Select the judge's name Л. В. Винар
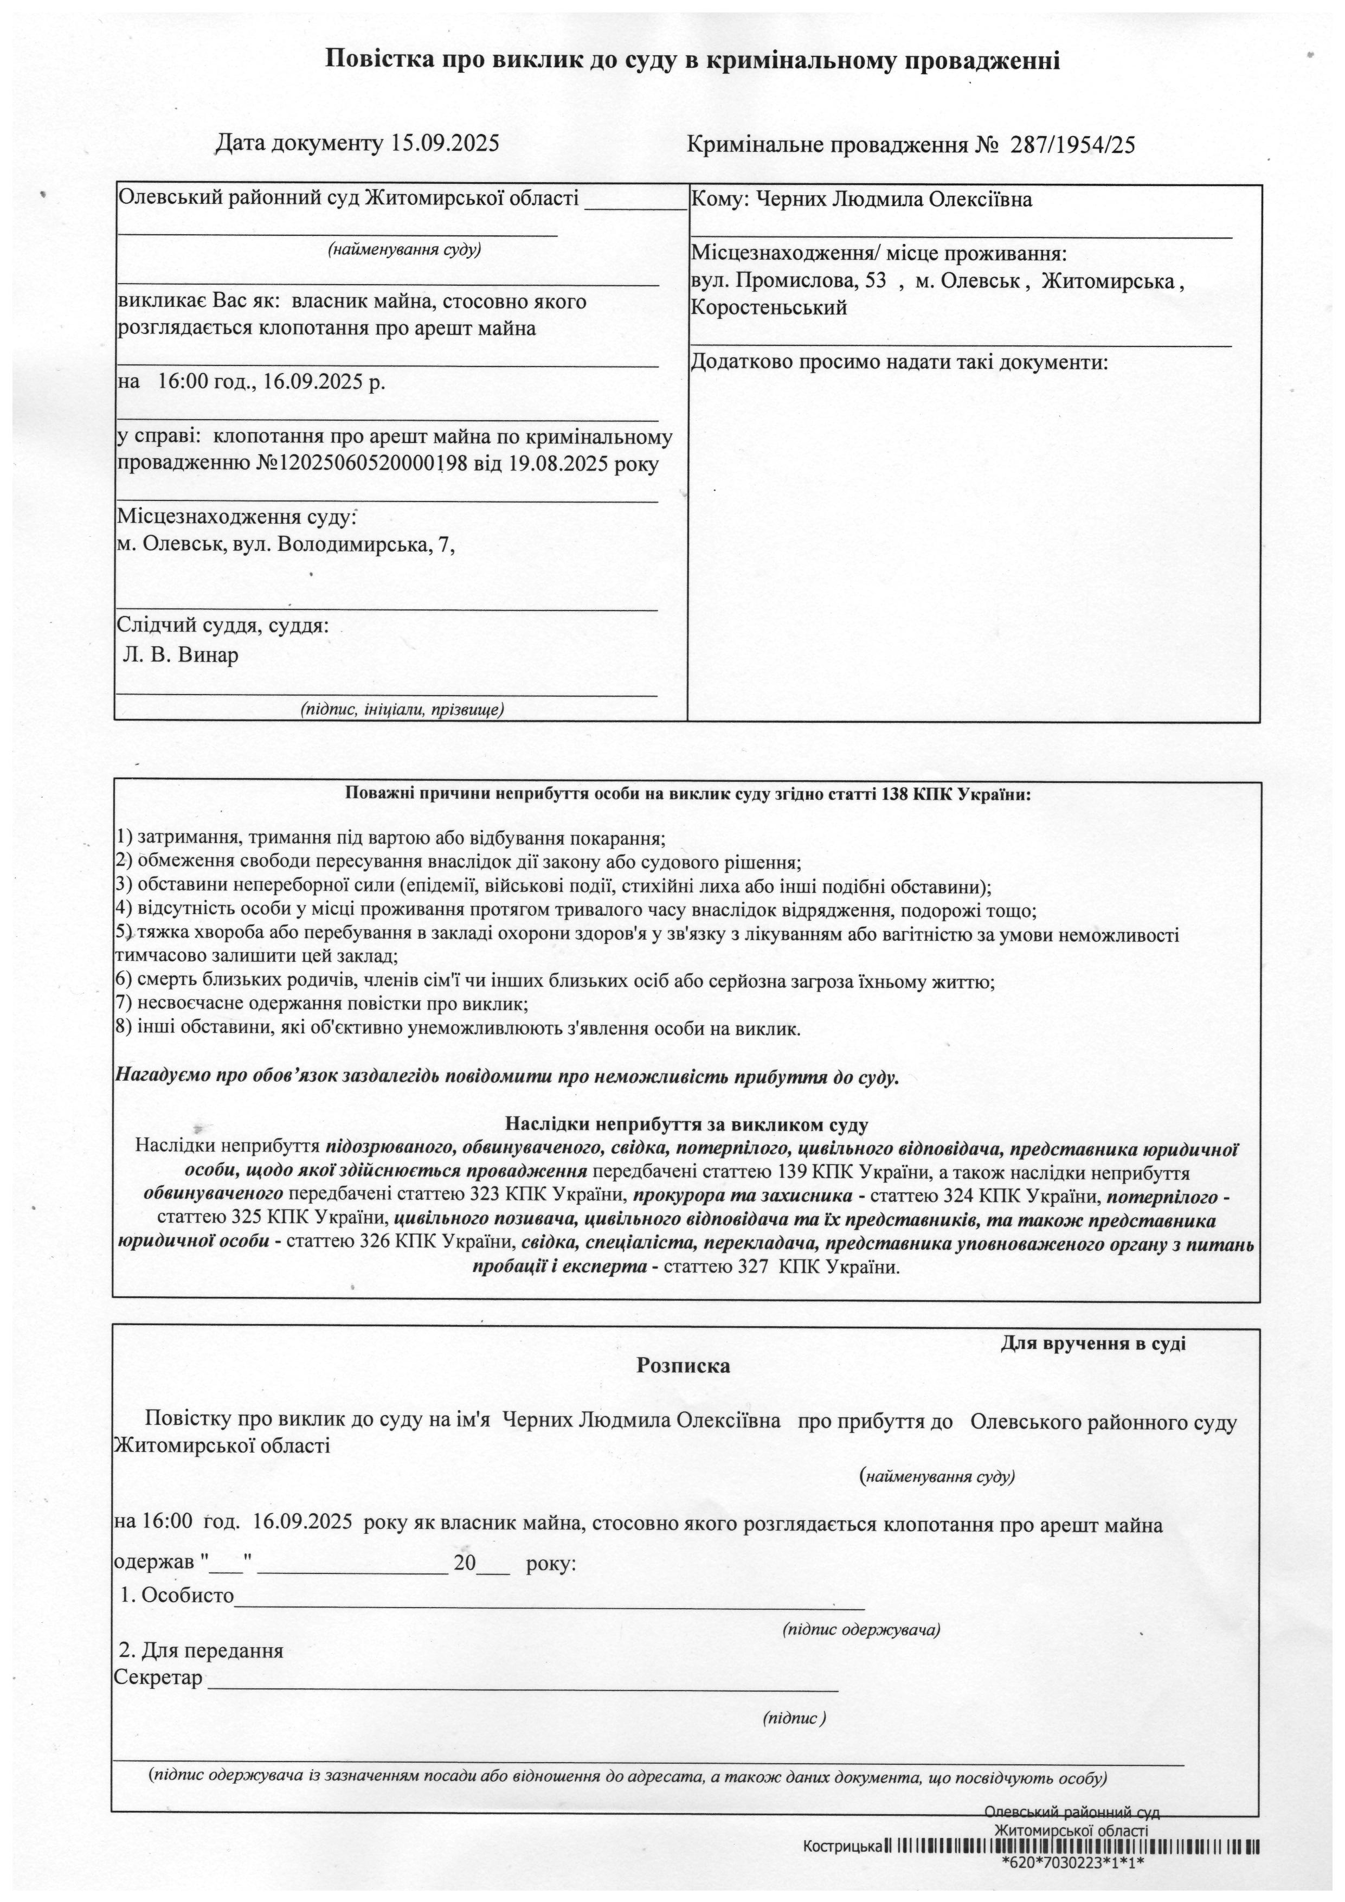click(x=181, y=656)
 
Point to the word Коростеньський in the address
click(x=769, y=308)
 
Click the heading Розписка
click(x=683, y=1366)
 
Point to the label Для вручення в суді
click(x=1093, y=1343)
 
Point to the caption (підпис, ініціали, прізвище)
click(x=402, y=709)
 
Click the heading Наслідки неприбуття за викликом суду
click(x=686, y=1125)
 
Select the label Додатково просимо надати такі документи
click(x=899, y=362)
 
